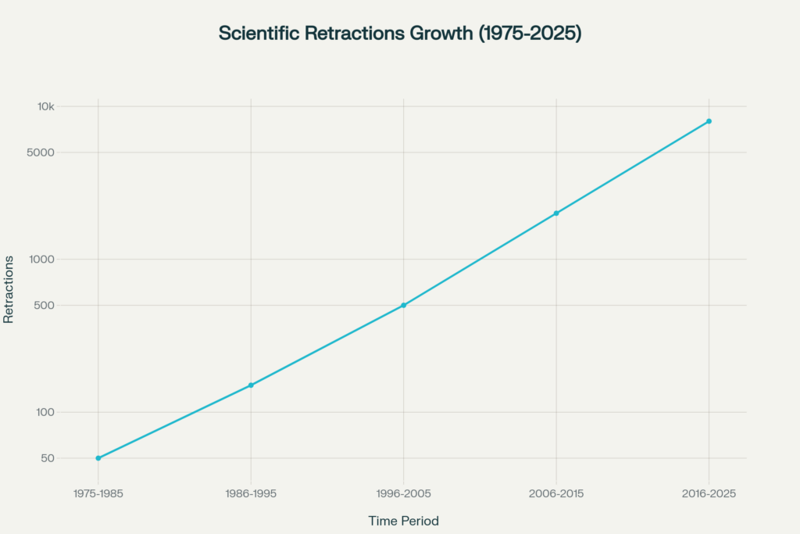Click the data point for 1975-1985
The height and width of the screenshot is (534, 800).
[x=98, y=458]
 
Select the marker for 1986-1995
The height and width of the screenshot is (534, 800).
[x=251, y=385]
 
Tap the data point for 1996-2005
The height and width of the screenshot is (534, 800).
[x=403, y=305]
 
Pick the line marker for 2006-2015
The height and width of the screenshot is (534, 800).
[x=556, y=213]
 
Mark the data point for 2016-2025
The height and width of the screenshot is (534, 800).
[x=709, y=121]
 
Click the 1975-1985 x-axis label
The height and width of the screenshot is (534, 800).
[x=98, y=494]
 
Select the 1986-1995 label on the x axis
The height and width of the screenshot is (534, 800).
[x=251, y=494]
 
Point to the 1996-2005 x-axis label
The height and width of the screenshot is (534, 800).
[x=403, y=494]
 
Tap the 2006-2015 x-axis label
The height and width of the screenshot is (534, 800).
[x=556, y=494]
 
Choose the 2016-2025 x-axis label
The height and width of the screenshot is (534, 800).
[x=709, y=494]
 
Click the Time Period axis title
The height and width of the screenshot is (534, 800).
[x=403, y=521]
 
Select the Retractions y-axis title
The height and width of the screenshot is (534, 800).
[x=9, y=289]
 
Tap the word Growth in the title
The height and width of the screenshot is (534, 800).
[x=441, y=34]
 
